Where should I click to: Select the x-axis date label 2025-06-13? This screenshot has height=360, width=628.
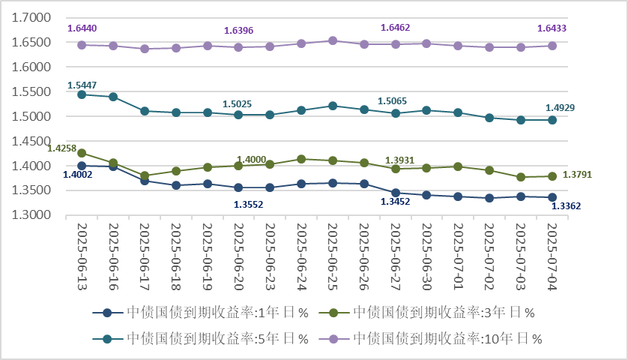(82, 255)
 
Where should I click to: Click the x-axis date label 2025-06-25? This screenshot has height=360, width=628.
(333, 255)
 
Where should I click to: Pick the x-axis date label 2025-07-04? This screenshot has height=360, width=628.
(552, 255)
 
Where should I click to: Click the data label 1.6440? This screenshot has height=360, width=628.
(82, 28)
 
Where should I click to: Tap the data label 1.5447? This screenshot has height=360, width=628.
(82, 85)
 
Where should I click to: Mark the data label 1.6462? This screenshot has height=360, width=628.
(396, 28)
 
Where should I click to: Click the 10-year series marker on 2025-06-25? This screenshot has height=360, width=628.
(333, 40)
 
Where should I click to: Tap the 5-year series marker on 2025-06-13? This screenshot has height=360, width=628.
(82, 94)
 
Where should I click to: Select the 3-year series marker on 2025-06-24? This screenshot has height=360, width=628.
(301, 159)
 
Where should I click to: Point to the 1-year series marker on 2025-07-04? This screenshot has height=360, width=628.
(552, 197)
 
